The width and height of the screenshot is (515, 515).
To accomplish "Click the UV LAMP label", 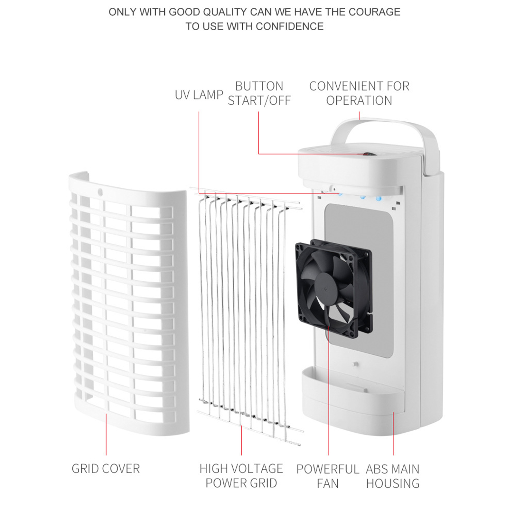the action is pyautogui.click(x=199, y=95).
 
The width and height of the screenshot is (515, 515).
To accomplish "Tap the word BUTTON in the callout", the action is pyautogui.click(x=259, y=86).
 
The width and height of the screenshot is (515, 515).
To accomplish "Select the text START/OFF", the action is pyautogui.click(x=259, y=101).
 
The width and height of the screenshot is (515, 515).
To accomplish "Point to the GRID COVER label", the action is pyautogui.click(x=106, y=469).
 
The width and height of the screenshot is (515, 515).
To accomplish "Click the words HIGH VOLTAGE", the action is pyautogui.click(x=241, y=469).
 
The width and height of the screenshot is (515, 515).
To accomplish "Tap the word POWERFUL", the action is pyautogui.click(x=328, y=469).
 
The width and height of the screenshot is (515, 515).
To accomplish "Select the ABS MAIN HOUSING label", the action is pyautogui.click(x=393, y=476).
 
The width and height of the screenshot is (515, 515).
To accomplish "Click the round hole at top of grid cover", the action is pyautogui.click(x=100, y=192).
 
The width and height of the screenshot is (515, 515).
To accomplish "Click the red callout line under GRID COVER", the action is pyautogui.click(x=106, y=434).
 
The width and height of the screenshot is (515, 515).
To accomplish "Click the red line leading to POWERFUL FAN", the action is pyautogui.click(x=329, y=390).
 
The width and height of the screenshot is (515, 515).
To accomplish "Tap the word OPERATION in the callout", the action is pyautogui.click(x=359, y=101).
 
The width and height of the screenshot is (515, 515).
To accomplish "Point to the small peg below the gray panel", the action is pyautogui.click(x=355, y=364).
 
